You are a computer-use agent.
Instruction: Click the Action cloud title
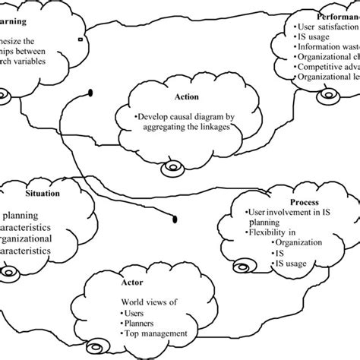pyautogui.click(x=186, y=97)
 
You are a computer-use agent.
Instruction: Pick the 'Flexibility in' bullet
pyautogui.click(x=274, y=232)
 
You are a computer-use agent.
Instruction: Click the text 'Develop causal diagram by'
pyautogui.click(x=185, y=118)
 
